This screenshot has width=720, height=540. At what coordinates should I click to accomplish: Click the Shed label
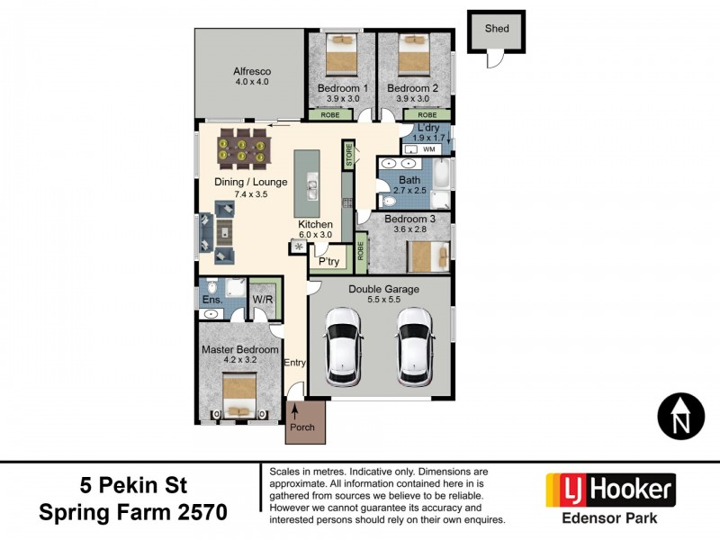pyautogui.click(x=497, y=29)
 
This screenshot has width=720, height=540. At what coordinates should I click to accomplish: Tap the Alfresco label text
pyautogui.click(x=252, y=71)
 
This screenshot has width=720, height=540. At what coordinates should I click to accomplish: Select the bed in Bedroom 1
pyautogui.click(x=342, y=55)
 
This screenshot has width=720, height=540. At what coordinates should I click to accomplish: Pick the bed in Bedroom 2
pyautogui.click(x=412, y=55)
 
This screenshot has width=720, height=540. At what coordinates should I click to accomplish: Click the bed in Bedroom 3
pyautogui.click(x=428, y=256)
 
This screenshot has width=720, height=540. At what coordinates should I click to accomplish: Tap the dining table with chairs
pyautogui.click(x=241, y=149)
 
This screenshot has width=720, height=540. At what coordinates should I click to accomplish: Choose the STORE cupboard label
pyautogui.click(x=348, y=154)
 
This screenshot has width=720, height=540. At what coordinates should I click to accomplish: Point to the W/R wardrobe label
pyautogui.click(x=263, y=300)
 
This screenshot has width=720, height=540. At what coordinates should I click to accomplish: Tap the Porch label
pyautogui.click(x=302, y=427)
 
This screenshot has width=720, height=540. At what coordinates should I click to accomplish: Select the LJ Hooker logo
pyautogui.click(x=611, y=490)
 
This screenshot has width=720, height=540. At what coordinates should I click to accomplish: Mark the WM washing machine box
pyautogui.click(x=428, y=151)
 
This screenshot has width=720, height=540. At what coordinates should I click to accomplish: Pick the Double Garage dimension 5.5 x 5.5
pyautogui.click(x=382, y=300)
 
